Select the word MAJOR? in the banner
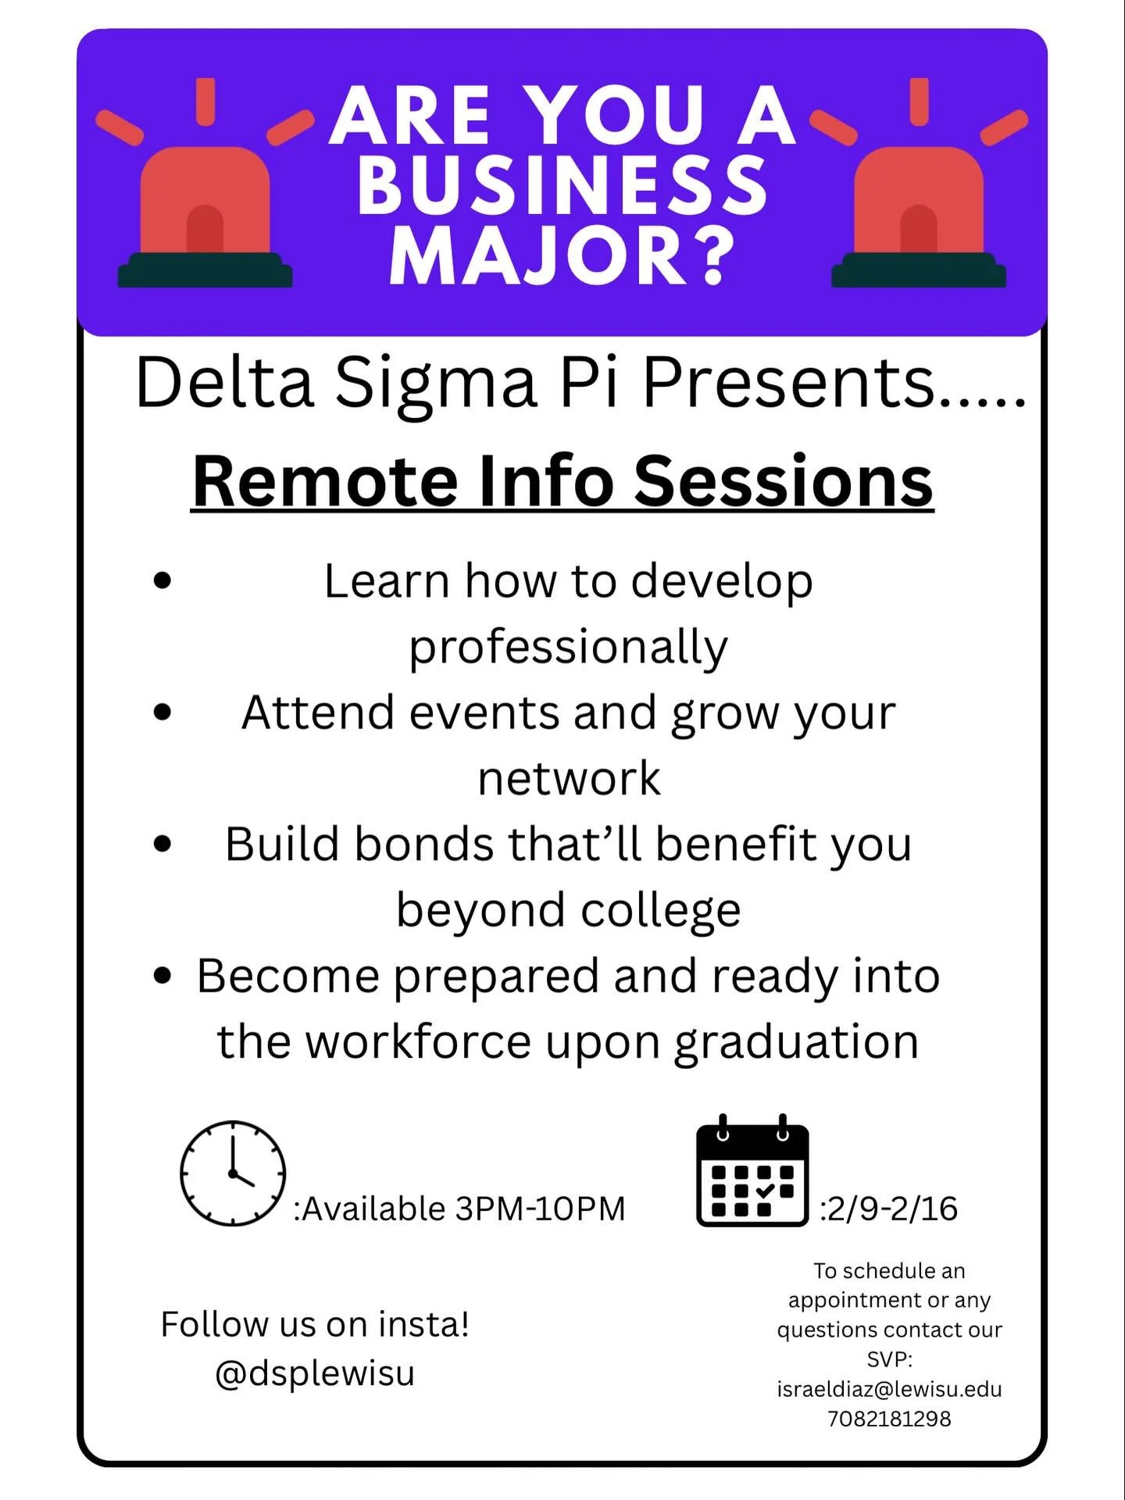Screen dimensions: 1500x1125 (562, 255)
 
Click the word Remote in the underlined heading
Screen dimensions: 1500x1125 (325, 481)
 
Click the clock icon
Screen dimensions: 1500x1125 (233, 1173)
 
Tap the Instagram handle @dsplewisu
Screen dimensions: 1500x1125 (315, 1373)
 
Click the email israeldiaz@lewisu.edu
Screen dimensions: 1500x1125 (889, 1388)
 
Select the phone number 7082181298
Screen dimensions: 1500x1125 (889, 1418)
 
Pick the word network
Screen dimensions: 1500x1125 (569, 778)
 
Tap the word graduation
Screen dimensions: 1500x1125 (797, 1041)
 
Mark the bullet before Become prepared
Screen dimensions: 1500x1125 (162, 976)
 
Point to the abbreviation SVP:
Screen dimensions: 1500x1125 (889, 1359)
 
